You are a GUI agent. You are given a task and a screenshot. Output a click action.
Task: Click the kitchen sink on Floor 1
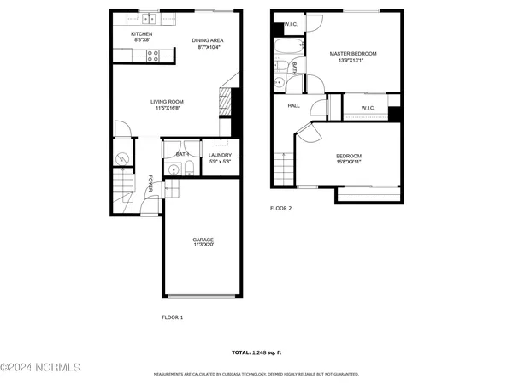(x=149, y=17)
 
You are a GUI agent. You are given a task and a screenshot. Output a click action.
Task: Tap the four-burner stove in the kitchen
(x=154, y=56)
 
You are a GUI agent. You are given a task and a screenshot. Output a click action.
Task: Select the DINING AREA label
(x=209, y=40)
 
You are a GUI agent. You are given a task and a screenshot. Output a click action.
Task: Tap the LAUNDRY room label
(x=221, y=155)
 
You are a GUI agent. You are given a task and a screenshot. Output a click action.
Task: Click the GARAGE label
(x=203, y=240)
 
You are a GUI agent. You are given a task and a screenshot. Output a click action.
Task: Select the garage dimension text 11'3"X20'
(x=203, y=246)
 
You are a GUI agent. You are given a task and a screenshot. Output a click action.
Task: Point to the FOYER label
(x=150, y=184)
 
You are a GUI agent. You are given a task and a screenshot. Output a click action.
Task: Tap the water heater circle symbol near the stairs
(x=121, y=158)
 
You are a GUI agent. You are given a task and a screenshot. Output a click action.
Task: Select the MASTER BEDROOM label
(x=353, y=53)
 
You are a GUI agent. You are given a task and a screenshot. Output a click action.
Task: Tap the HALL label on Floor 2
(x=293, y=105)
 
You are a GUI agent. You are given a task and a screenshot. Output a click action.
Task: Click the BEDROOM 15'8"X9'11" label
(x=351, y=157)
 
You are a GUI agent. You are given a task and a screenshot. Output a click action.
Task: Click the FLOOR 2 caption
(x=280, y=208)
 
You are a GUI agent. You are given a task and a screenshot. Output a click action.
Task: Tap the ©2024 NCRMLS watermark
(x=40, y=367)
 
